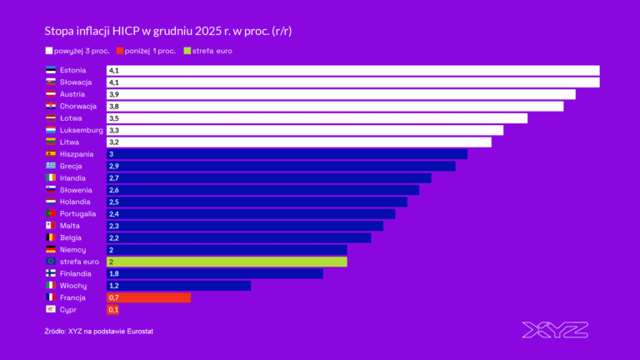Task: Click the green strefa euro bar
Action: pos(227,262)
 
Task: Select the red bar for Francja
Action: pos(149,297)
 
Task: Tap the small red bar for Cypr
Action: pos(113,310)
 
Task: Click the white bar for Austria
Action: pos(341,94)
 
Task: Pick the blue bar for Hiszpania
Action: pos(287,154)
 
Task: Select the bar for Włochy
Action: pos(178,286)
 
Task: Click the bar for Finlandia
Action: pos(214,273)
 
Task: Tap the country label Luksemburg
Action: pos(82,130)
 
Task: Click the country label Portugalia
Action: pos(78,213)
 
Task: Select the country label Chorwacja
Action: pos(79,107)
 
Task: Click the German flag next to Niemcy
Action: pos(50,250)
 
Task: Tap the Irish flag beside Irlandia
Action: pos(50,178)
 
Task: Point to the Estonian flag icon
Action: pos(50,71)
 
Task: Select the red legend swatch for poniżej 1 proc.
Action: pos(130,52)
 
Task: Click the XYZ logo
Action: pos(554,329)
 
